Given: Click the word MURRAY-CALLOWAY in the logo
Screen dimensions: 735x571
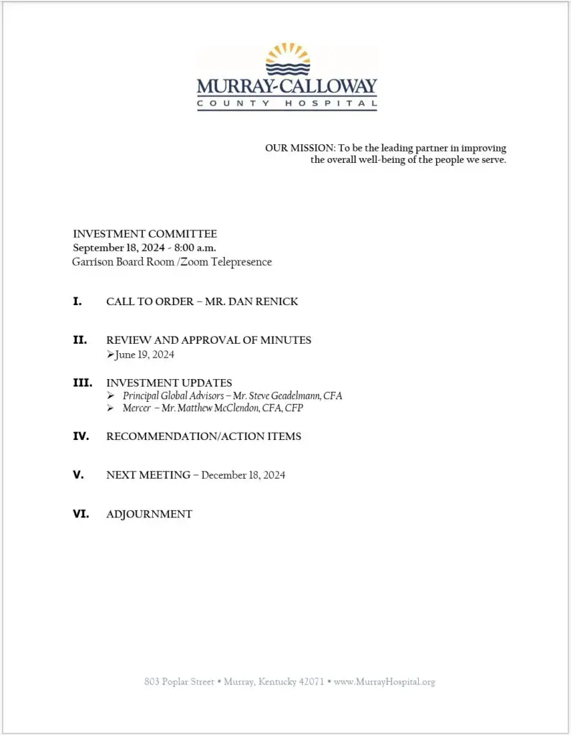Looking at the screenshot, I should [x=287, y=87].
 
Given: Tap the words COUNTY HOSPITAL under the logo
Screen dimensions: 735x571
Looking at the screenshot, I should [x=287, y=104].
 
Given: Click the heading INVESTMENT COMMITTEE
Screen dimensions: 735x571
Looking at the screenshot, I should [x=145, y=234].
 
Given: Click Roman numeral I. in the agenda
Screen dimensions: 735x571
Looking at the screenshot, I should [x=78, y=301].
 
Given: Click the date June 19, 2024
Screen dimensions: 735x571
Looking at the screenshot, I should [x=144, y=355].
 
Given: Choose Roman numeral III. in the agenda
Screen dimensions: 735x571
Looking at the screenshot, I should [x=82, y=383].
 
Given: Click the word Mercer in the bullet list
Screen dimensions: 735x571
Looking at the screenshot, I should [x=136, y=408].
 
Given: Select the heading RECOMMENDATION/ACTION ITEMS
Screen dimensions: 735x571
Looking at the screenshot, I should [x=204, y=436].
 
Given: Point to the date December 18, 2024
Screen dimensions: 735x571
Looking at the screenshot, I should [x=243, y=475].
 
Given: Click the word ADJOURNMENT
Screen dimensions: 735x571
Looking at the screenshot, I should [x=149, y=514].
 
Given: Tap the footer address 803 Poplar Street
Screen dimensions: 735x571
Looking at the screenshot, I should [x=179, y=682].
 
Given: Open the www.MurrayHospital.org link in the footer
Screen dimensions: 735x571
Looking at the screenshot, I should [x=385, y=682].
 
